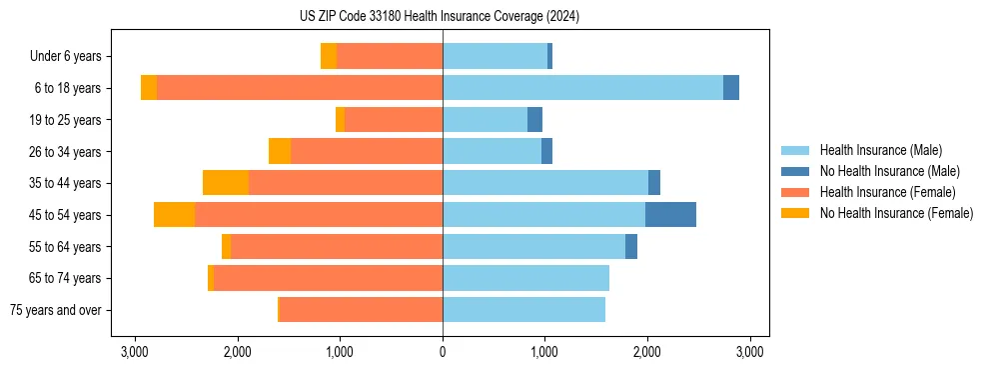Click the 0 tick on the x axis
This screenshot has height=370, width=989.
443,352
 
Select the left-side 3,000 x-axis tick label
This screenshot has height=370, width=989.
135,352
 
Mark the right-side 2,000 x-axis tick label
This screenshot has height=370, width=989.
647,352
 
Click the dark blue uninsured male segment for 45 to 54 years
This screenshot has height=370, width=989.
670,215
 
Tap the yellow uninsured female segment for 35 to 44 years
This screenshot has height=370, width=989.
226,183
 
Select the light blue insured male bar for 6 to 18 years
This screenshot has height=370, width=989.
582,88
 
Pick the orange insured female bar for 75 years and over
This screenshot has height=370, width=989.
361,310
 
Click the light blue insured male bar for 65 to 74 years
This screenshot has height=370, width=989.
525,278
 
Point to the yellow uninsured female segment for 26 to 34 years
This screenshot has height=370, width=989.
280,151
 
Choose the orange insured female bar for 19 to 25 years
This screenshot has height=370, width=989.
394,120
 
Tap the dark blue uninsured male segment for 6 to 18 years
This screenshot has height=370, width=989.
731,88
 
